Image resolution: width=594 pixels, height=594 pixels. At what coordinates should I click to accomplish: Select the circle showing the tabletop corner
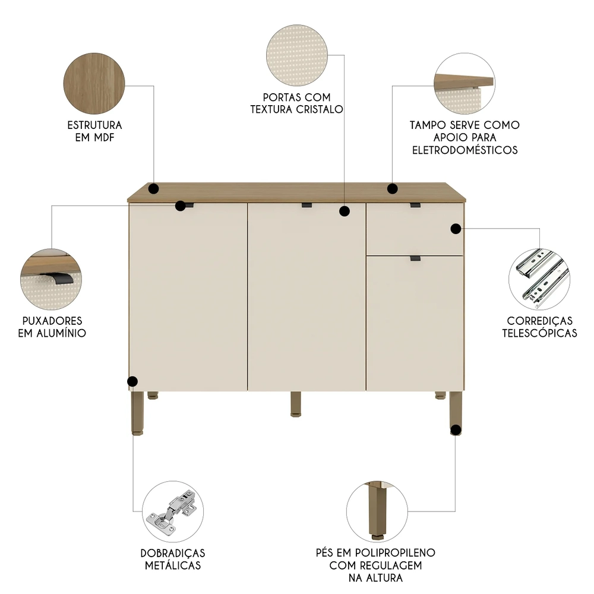465,83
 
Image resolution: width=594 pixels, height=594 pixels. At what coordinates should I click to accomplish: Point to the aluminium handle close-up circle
51,276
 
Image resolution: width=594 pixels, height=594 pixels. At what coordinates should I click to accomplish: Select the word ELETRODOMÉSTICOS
465,150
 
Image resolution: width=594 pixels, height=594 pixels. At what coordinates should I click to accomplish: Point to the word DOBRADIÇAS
173,552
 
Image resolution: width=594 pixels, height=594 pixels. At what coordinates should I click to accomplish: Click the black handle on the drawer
415,206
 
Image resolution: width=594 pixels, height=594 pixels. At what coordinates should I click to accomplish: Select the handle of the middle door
307,206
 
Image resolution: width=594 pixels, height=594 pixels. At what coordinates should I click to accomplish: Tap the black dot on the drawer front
456,229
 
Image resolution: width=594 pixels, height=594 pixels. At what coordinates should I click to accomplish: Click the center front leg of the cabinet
296,404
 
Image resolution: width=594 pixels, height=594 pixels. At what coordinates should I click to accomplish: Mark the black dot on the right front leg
456,429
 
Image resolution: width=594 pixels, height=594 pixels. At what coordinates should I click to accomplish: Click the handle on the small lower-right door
415,258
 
